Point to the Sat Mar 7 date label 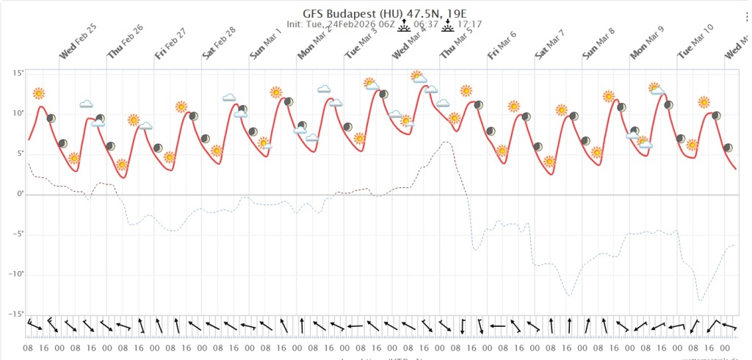551,46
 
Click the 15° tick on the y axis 18,73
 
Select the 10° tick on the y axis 18,113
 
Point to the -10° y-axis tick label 15,274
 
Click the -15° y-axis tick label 15,314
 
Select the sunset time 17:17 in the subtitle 469,24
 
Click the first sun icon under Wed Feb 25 39,93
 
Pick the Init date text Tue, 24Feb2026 347,24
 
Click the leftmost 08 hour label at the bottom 28,347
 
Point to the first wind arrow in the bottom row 31,323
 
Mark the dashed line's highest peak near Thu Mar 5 446,142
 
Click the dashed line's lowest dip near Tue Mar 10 701,300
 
